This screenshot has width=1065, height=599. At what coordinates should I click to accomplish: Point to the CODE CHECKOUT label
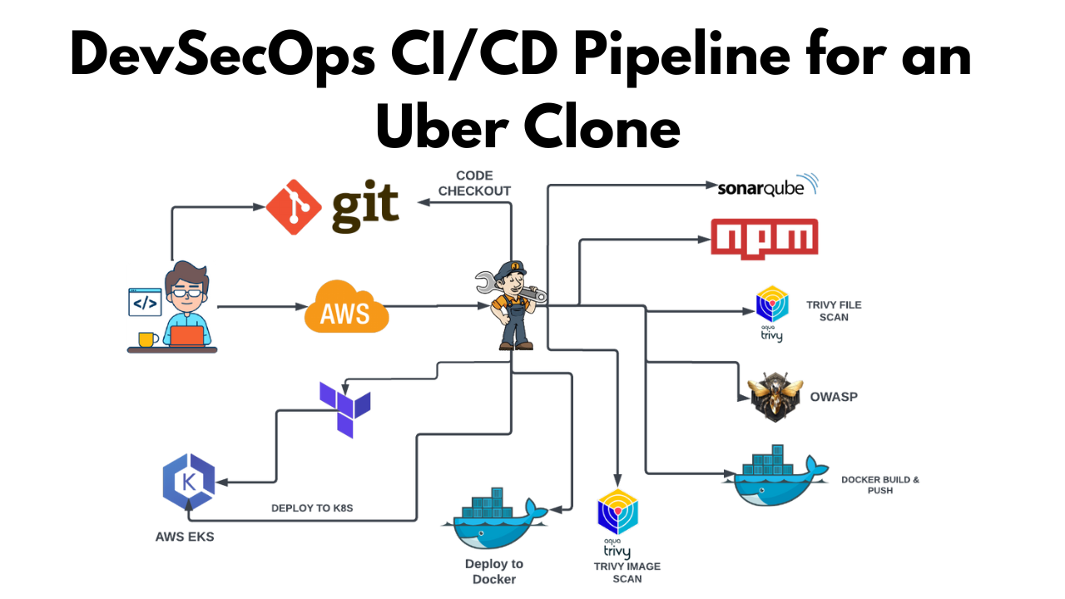pyautogui.click(x=474, y=183)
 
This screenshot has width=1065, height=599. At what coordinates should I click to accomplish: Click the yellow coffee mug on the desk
pyautogui.click(x=147, y=339)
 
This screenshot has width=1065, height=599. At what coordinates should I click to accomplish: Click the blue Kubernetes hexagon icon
pyautogui.click(x=188, y=482)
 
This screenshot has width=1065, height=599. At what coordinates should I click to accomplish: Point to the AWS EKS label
pyautogui.click(x=185, y=537)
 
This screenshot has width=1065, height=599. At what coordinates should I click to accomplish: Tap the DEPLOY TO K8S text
pyautogui.click(x=312, y=507)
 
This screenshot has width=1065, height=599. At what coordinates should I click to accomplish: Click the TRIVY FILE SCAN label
pyautogui.click(x=833, y=311)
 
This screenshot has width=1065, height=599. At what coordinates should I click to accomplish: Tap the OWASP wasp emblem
pyautogui.click(x=775, y=397)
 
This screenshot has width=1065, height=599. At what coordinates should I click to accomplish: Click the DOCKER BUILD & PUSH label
pyautogui.click(x=879, y=485)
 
